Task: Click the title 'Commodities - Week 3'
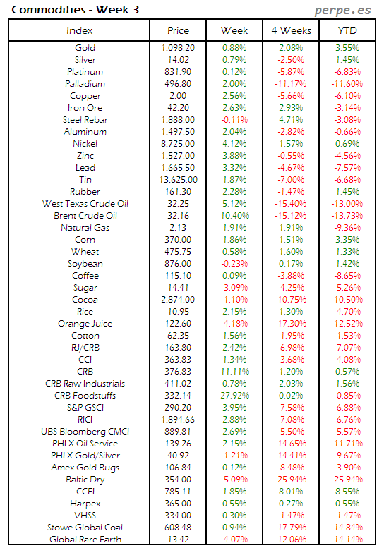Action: (x=59, y=11)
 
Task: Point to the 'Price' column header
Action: (x=178, y=31)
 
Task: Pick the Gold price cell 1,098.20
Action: (x=178, y=48)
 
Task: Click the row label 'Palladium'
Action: (x=85, y=84)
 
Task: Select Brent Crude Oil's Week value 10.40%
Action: (x=234, y=216)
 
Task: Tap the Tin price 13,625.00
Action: (x=178, y=180)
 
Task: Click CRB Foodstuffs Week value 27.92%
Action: (x=234, y=396)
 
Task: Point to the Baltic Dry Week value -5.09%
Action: (x=234, y=480)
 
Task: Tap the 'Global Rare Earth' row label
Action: (x=85, y=540)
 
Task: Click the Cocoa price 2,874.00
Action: (x=178, y=300)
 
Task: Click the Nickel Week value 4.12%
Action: (x=234, y=144)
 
